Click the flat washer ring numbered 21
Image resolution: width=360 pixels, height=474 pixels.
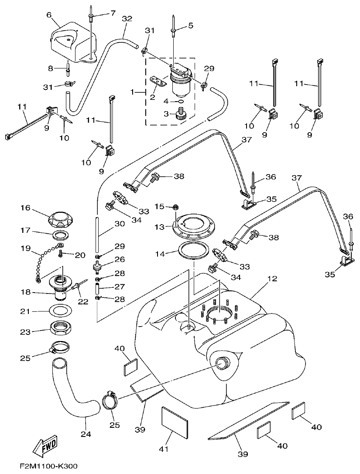click(x=58, y=311)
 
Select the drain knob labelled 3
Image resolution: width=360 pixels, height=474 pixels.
click(x=179, y=115)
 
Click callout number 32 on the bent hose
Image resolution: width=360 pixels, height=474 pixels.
click(x=127, y=19)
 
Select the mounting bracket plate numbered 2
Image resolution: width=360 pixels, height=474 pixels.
click(x=158, y=82)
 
